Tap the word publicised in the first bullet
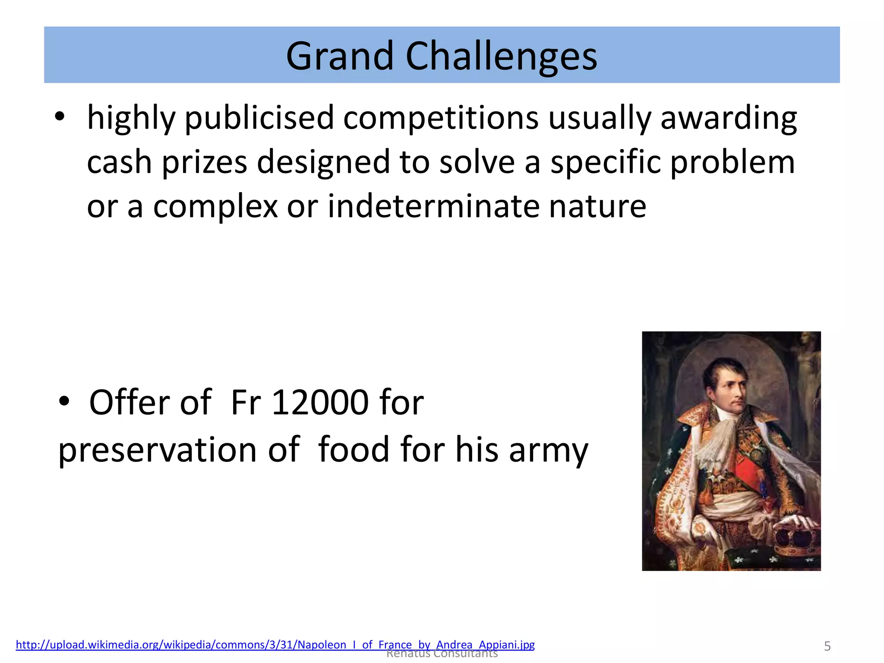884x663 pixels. [259, 118]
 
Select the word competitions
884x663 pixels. [441, 118]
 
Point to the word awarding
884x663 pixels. [729, 118]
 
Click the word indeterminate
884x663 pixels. [433, 206]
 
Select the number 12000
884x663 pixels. [320, 402]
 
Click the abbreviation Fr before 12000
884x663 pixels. [245, 402]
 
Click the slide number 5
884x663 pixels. [827, 646]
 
